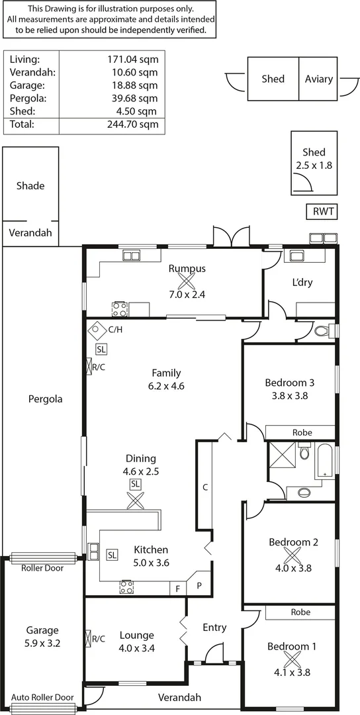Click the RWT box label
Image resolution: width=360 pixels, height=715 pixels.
[x=322, y=212]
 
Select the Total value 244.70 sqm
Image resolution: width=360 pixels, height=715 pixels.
[x=132, y=124]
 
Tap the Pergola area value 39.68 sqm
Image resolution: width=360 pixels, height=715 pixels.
[x=132, y=98]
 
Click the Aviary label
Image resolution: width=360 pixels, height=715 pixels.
[x=319, y=79]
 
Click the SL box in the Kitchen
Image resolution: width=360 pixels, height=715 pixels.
[x=112, y=554]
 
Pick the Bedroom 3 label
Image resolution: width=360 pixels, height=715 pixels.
[x=289, y=383]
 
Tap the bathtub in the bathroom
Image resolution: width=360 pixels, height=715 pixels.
[x=325, y=461]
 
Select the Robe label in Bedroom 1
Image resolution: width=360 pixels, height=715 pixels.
[x=301, y=613]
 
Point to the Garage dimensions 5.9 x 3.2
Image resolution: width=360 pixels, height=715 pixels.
[x=42, y=642]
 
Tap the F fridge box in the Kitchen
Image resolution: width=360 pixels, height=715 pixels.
[x=177, y=588]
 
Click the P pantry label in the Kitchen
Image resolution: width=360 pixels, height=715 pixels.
[x=200, y=586]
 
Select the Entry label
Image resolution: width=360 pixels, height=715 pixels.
[x=214, y=628]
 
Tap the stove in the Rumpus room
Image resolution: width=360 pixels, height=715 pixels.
[x=120, y=309]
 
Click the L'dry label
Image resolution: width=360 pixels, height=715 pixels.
[x=302, y=283]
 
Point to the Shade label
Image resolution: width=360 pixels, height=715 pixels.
[x=30, y=186]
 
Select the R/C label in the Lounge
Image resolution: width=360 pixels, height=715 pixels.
[x=98, y=639]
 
